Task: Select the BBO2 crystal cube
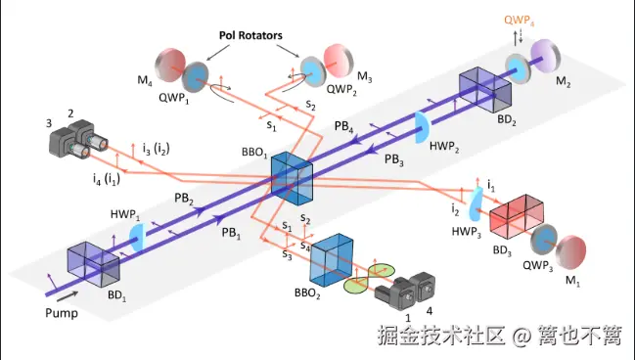pos(331,259)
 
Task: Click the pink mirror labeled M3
pos(334,62)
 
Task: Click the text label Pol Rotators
pos(249,34)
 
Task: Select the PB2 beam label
pos(183,199)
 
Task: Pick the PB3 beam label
pos(394,158)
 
